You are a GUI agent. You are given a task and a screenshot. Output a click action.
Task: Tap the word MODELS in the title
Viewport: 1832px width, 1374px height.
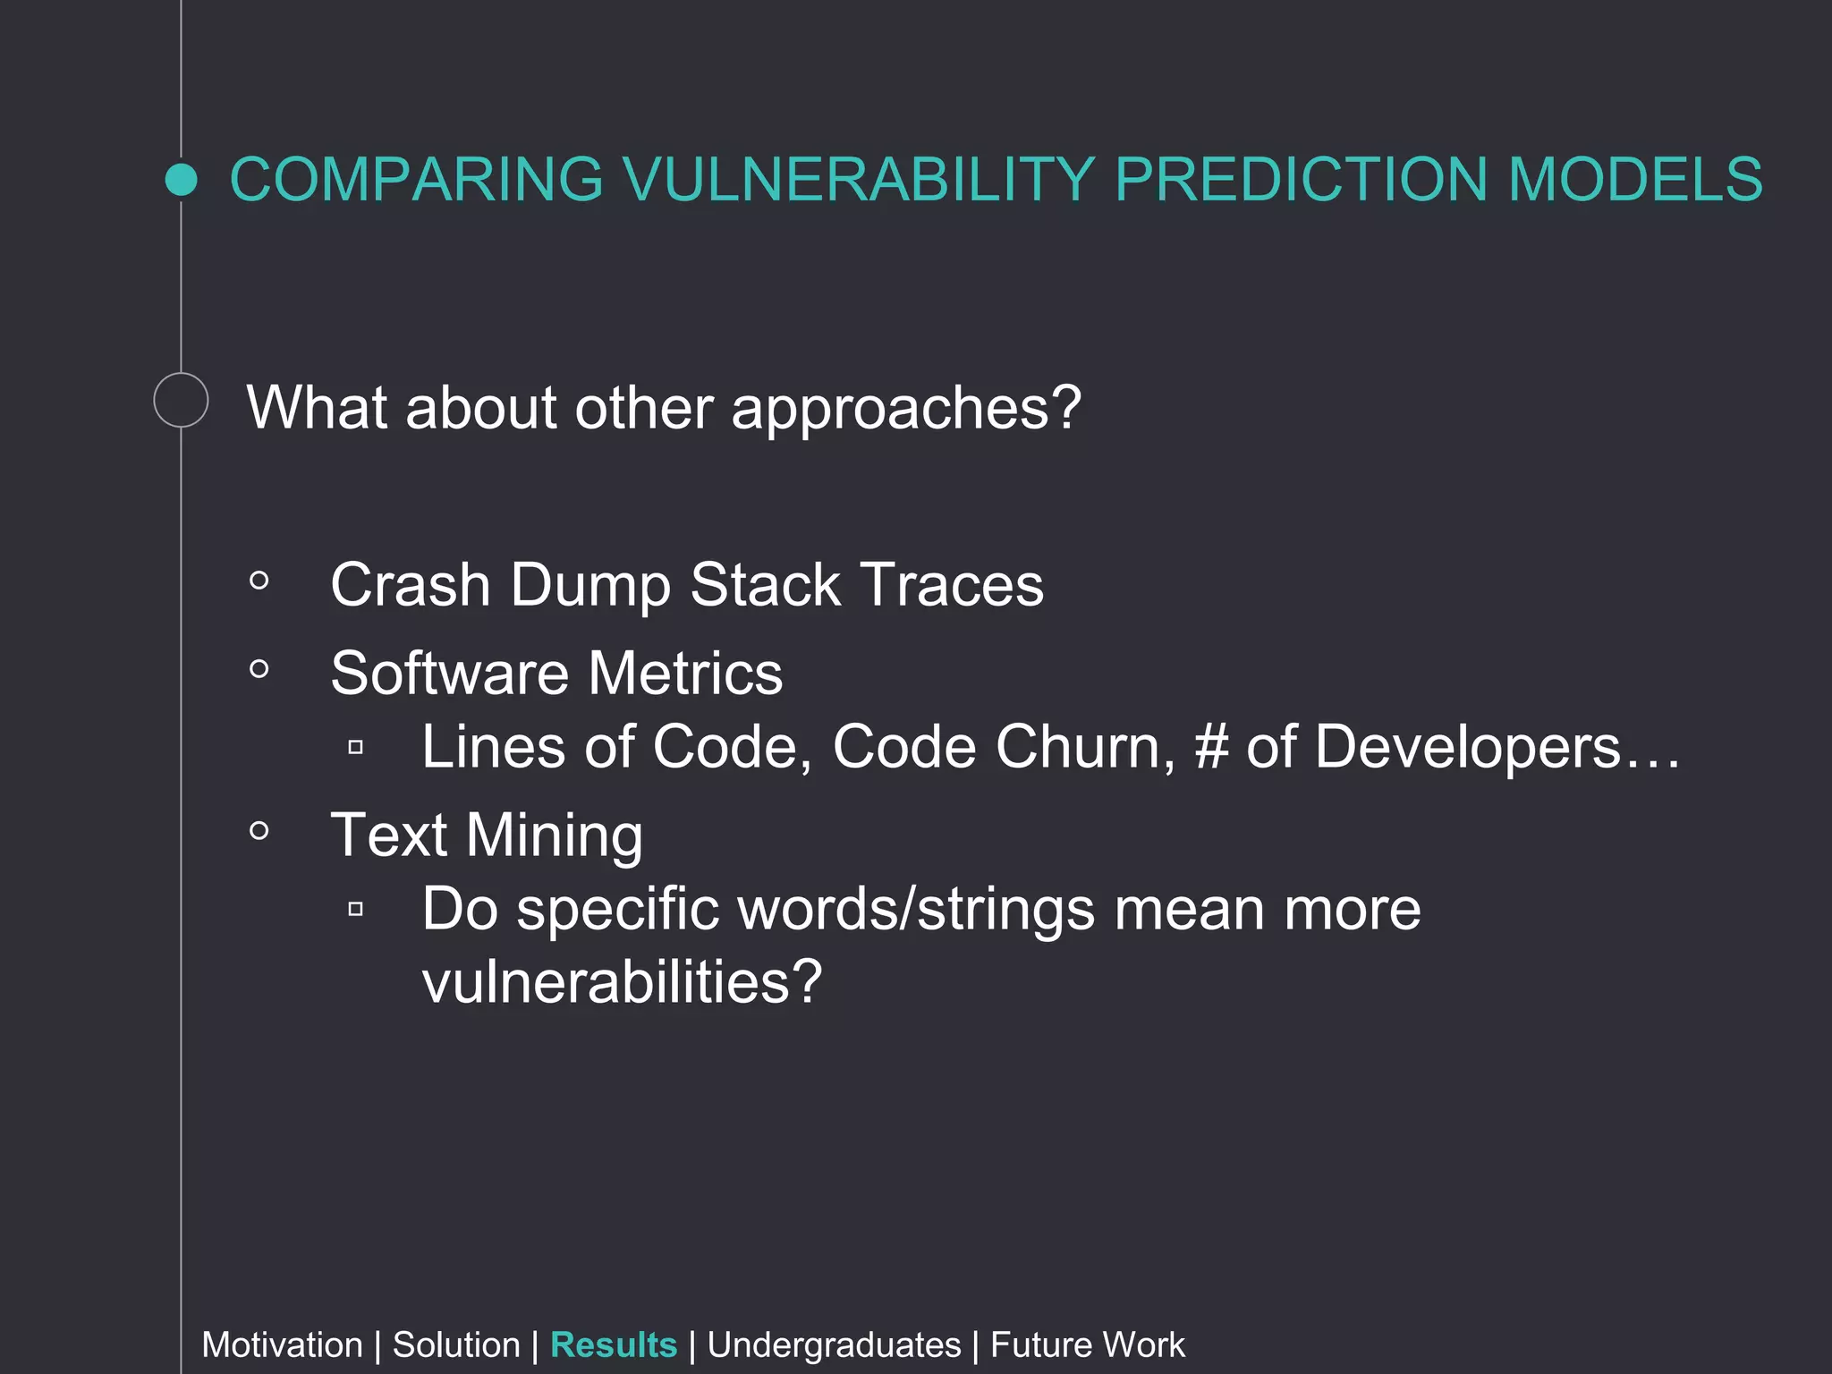[x=1635, y=180]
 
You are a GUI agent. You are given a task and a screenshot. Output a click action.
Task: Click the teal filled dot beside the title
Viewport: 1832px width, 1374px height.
[x=182, y=180]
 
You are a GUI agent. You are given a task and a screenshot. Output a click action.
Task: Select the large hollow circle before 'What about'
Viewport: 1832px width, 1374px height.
[x=181, y=400]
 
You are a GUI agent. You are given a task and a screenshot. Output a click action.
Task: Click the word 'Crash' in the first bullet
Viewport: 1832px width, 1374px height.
[x=411, y=585]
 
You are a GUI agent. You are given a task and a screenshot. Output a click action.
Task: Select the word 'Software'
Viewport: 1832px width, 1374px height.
[x=449, y=673]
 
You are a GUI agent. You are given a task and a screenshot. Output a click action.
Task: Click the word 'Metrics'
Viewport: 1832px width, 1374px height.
[x=685, y=673]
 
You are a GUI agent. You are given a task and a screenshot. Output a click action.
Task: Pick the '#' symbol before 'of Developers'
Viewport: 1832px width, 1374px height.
[x=1211, y=747]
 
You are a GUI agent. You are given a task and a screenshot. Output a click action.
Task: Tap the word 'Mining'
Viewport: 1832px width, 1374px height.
[x=554, y=836]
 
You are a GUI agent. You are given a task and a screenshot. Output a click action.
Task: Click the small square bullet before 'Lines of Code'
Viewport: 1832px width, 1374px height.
[x=355, y=747]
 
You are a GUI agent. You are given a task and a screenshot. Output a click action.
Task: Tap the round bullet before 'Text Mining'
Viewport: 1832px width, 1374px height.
[x=259, y=831]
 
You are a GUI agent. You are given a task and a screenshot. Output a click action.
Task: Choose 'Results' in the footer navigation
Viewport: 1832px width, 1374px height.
[x=614, y=1345]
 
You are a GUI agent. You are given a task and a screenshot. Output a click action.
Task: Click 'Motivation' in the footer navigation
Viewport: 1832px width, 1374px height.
[x=282, y=1345]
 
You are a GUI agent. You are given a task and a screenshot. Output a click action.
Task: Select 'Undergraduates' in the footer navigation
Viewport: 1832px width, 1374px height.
[x=834, y=1345]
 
